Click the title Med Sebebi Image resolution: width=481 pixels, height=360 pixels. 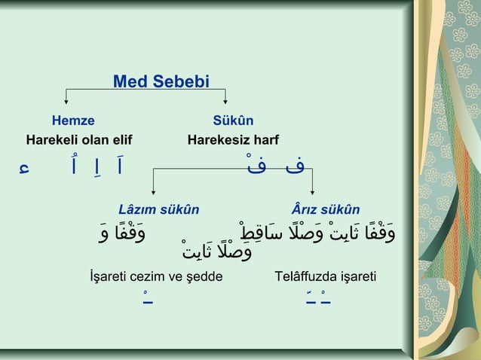161,81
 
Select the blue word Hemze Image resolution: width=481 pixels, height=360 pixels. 73,121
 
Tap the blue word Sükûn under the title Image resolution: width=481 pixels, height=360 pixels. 233,121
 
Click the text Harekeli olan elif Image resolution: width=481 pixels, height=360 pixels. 79,140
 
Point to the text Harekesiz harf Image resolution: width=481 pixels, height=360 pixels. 233,140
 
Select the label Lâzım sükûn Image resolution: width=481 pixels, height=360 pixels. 159,209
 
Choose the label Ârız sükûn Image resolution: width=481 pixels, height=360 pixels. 325,209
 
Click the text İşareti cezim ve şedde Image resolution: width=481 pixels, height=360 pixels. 156,278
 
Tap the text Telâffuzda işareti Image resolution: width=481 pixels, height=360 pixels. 326,278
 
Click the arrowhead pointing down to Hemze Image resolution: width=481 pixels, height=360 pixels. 66,101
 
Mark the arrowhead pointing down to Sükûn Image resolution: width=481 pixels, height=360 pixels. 225,101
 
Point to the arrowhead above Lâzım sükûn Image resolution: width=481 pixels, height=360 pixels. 154,194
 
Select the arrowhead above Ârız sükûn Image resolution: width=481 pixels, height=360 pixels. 312,194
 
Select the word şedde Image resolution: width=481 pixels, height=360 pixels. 205,278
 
